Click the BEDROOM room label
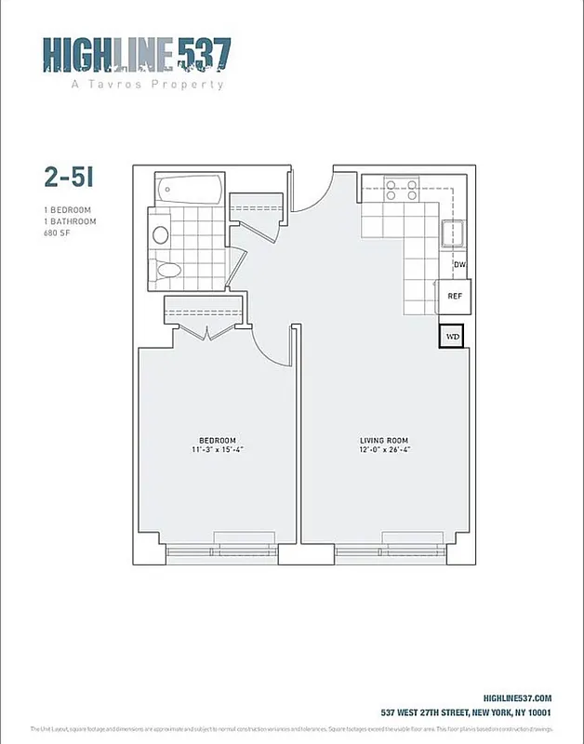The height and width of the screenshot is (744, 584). (x=218, y=440)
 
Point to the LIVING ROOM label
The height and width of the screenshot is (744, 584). (x=384, y=440)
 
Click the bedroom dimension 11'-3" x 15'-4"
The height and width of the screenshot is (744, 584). (x=218, y=450)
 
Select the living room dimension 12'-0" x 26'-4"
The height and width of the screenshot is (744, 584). (x=384, y=450)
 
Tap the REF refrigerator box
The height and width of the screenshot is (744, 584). (x=455, y=296)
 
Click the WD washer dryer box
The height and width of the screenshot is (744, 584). (x=453, y=336)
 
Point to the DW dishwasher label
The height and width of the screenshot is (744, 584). (x=458, y=265)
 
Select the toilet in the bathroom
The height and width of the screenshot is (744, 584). (x=168, y=271)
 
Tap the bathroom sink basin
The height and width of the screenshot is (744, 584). (x=160, y=235)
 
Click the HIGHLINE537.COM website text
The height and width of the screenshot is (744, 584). (x=519, y=698)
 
